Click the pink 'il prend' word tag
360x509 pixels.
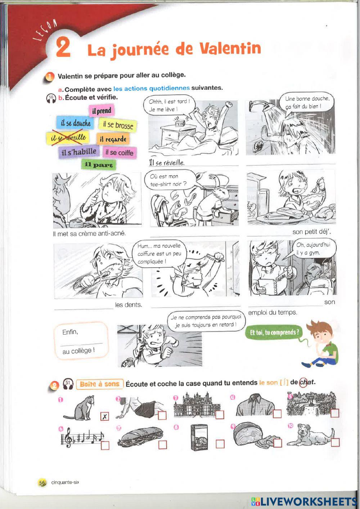(x=102, y=111)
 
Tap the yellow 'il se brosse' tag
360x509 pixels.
(x=117, y=125)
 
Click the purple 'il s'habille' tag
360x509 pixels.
(x=79, y=152)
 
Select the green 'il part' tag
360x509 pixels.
(x=99, y=165)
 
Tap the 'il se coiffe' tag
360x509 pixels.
(x=119, y=152)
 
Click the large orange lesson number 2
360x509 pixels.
(x=63, y=48)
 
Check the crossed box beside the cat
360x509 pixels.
(x=104, y=416)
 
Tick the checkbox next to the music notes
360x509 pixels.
(x=105, y=446)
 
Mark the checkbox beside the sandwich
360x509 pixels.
(x=163, y=445)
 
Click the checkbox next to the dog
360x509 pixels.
(x=336, y=442)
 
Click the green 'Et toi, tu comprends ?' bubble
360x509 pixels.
(x=274, y=332)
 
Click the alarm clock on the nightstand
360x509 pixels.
(x=179, y=124)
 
